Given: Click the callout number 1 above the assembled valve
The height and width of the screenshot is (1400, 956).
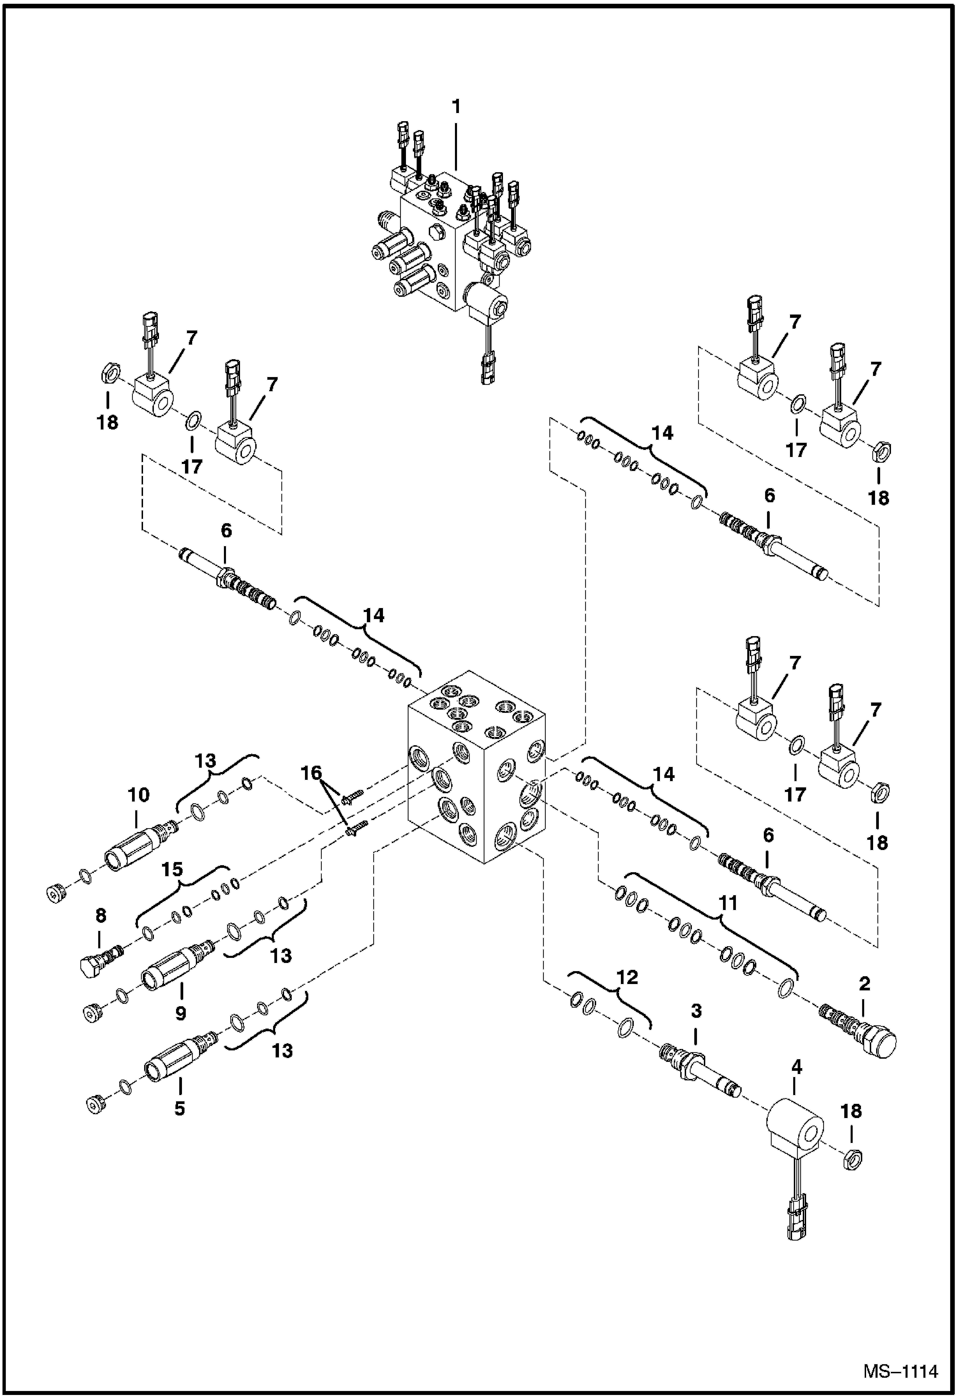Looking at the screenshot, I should pos(456,107).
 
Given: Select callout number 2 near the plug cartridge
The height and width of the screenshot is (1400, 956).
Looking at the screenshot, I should pos(864,983).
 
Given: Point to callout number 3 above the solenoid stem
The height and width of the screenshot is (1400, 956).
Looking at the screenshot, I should pos(696,1010).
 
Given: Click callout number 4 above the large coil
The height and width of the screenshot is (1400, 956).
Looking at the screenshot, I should pos(796,1067).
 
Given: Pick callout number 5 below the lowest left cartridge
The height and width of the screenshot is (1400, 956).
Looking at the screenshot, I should pos(179,1108).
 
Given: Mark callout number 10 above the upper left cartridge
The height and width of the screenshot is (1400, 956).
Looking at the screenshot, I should pos(138,794).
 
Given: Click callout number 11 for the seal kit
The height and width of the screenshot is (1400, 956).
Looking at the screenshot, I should pos(728,902).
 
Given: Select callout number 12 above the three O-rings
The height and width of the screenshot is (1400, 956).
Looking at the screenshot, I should pos(627,977).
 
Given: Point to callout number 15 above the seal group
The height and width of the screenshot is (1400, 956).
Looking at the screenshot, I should pos(172,869).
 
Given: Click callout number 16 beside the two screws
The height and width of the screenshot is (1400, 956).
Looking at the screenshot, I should pos(311,773).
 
